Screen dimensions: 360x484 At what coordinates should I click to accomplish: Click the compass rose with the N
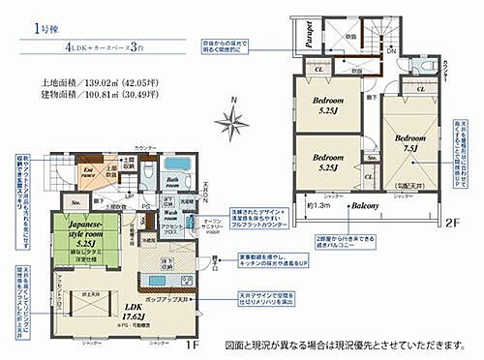coord(232,120)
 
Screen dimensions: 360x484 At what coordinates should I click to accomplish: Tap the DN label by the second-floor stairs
coord(390,50)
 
